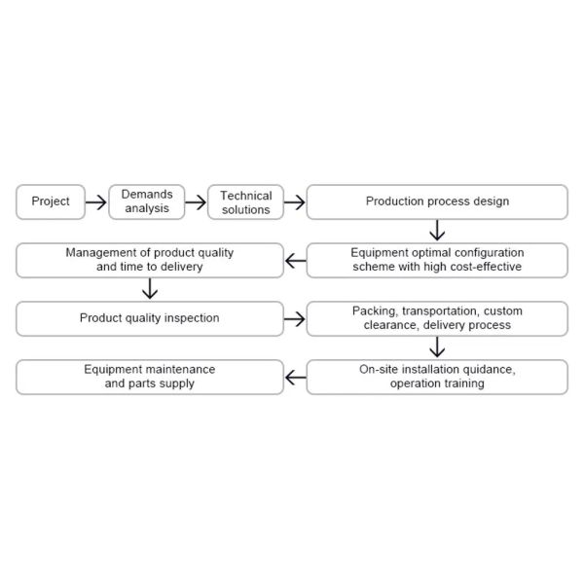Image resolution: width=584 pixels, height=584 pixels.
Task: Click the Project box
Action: (x=51, y=201)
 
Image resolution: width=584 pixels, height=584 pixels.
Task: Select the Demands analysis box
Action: (x=147, y=201)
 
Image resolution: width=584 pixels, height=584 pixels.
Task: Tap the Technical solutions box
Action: (x=246, y=201)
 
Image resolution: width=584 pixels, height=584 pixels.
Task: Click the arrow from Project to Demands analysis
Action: (x=96, y=202)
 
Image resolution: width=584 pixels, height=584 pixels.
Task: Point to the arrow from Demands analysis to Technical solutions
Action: (x=196, y=202)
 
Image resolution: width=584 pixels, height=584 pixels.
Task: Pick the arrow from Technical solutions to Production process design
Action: (x=295, y=202)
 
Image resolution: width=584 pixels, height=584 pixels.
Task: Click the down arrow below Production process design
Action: (x=437, y=230)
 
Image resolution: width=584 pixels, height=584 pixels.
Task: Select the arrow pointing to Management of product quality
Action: (x=296, y=261)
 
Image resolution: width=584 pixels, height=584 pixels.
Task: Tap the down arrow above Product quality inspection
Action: (x=150, y=289)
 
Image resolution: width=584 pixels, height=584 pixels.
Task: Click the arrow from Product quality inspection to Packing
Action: (x=295, y=319)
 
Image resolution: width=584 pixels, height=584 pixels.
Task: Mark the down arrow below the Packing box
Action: (x=437, y=347)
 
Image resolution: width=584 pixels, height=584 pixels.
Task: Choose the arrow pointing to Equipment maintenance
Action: (x=296, y=378)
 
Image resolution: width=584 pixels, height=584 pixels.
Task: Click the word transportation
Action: (x=441, y=311)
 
